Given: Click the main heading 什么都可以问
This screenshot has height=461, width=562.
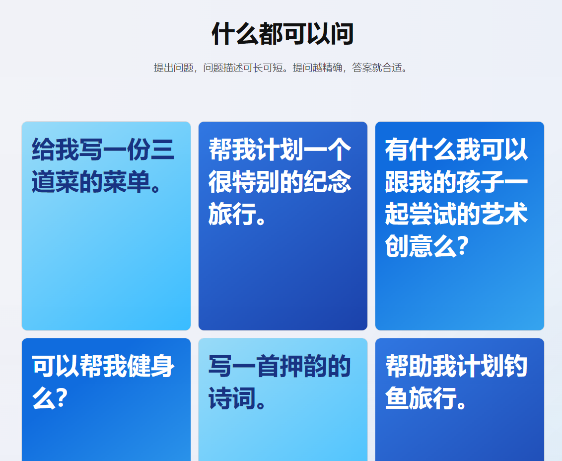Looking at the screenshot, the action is tap(283, 34).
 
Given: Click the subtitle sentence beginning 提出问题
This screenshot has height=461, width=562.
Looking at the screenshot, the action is tap(281, 68).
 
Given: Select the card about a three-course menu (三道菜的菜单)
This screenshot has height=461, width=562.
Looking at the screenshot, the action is tap(106, 226).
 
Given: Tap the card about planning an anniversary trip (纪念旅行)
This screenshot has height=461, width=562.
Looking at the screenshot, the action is tap(283, 226).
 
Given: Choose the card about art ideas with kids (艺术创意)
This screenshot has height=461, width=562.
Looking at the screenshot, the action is tap(460, 226).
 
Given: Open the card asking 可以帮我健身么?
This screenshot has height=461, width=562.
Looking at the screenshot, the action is tap(106, 400).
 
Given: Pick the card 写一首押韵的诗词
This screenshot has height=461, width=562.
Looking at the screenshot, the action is tap(283, 400).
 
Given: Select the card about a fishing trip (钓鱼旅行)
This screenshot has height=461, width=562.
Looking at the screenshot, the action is tap(460, 400).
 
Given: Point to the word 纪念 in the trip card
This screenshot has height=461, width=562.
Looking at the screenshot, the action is tap(327, 181).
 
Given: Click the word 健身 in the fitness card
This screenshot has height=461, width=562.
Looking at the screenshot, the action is tap(150, 366).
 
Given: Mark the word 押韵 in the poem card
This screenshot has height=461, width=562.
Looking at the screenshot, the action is tap(303, 366).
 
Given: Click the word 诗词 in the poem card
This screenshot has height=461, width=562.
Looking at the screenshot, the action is tap(232, 398).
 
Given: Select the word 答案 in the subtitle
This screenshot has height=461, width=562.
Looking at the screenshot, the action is tap(362, 68).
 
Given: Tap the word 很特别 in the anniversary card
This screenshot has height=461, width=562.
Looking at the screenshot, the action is tap(244, 181).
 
